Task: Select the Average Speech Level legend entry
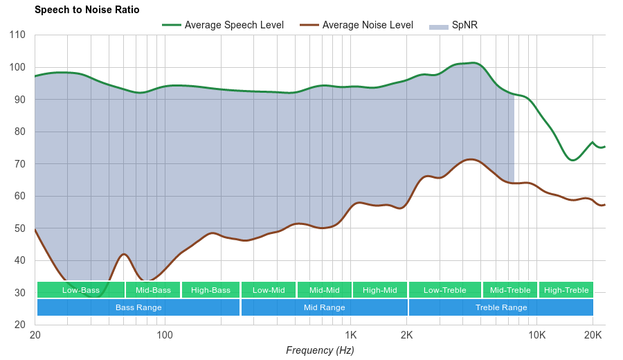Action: point(233,25)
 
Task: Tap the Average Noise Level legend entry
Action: point(367,25)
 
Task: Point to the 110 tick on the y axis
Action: point(17,35)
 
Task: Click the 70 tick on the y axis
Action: point(19,164)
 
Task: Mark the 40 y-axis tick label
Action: point(19,261)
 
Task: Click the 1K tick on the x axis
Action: point(350,335)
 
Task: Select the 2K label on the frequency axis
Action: point(407,335)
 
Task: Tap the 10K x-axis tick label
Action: point(536,335)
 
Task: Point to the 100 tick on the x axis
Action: point(165,335)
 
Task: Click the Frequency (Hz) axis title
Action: point(320,350)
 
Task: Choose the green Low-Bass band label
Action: point(81,290)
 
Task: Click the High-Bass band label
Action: point(210,290)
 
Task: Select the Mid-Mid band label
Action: point(324,290)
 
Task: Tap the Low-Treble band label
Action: point(444,290)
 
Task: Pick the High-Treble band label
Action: point(566,290)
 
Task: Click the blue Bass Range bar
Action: point(138,307)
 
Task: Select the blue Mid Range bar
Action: point(324,307)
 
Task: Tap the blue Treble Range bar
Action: point(501,307)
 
